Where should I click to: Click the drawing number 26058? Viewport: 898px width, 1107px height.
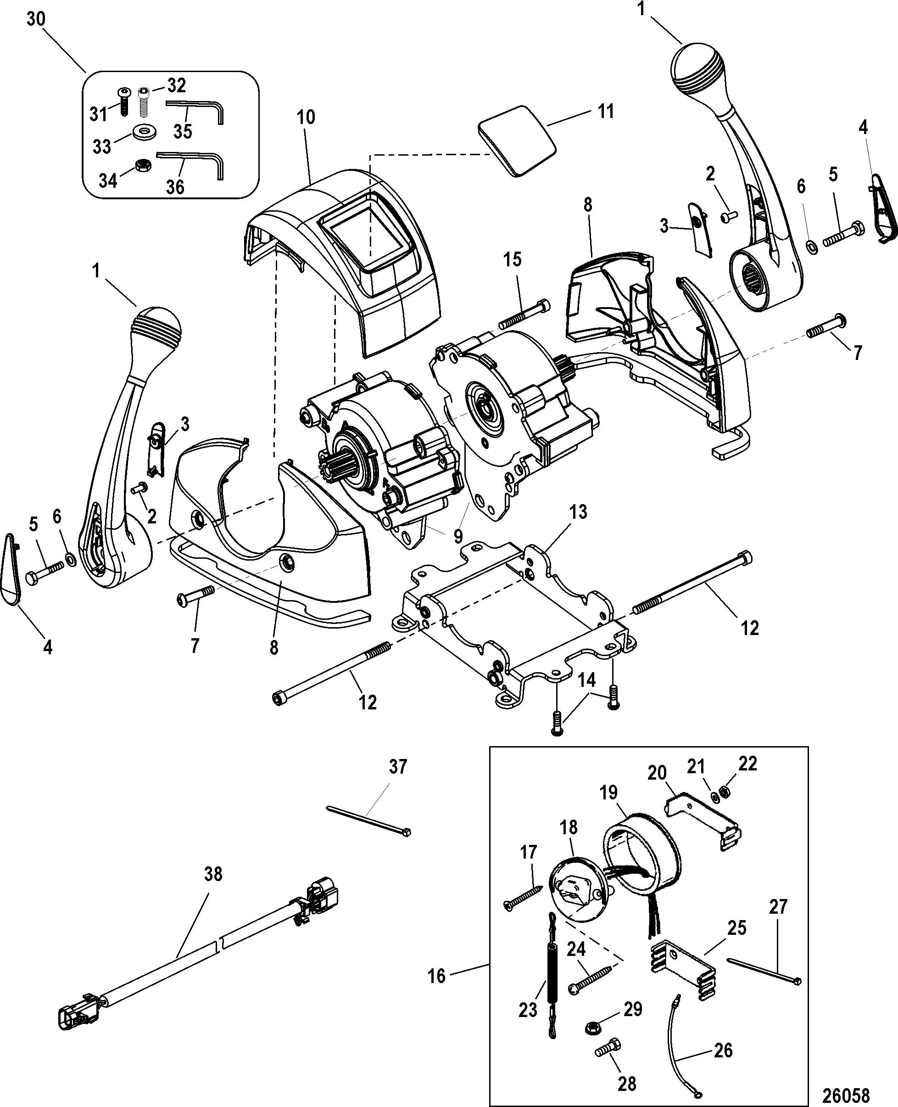pos(846,1092)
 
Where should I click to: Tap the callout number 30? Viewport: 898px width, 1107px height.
pos(36,19)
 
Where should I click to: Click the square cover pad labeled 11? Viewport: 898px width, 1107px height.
pos(519,141)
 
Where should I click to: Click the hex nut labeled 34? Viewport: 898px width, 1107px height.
pos(142,166)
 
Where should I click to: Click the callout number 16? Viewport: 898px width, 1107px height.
pos(436,976)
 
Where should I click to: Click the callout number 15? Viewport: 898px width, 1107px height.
pos(513,259)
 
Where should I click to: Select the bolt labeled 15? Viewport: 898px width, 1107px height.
pos(524,314)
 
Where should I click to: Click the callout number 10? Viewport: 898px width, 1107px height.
pos(306,117)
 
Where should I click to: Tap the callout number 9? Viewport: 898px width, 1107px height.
pos(458,536)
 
